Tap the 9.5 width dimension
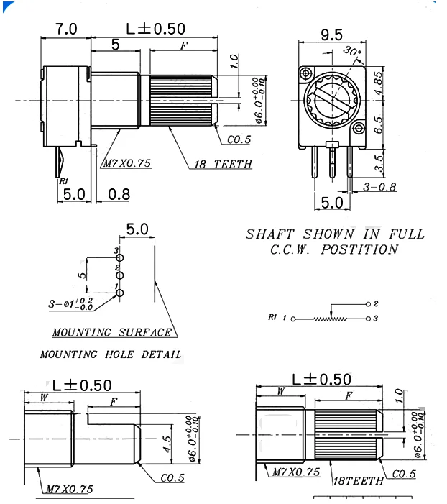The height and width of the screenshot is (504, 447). pos(331,35)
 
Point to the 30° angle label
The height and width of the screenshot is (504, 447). pos(352,51)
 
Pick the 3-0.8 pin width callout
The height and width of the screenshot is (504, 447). pos(380,188)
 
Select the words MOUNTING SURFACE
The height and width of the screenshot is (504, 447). pos(112,332)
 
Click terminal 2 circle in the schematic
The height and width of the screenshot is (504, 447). pos(368,304)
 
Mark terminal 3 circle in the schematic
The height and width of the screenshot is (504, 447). pos(368,317)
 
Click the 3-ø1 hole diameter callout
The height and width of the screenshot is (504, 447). pos(70,305)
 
